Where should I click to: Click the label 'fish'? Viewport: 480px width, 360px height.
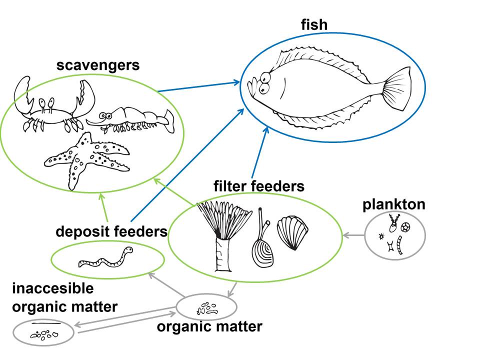[x=313, y=25]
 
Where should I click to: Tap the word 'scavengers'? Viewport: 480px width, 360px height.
[x=97, y=65]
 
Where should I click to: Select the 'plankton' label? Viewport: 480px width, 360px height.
[x=394, y=204]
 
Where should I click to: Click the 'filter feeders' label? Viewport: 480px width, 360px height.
[x=258, y=186]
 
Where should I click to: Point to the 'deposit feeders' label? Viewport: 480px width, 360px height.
[x=111, y=232]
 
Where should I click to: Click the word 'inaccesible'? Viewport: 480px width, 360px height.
[x=53, y=288]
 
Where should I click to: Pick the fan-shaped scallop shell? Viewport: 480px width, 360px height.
[x=290, y=232]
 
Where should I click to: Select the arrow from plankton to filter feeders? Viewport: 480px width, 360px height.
[x=353, y=234]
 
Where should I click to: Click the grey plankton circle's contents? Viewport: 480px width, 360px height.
[x=395, y=234]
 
